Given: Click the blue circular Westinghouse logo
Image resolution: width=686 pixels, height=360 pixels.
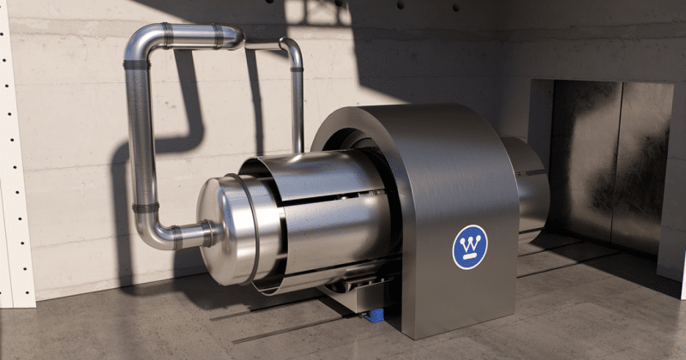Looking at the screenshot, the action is point(470,247).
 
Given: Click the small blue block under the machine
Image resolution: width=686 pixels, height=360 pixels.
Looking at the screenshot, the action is point(375,315).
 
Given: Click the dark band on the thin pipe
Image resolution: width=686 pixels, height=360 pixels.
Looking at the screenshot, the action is point(297,69).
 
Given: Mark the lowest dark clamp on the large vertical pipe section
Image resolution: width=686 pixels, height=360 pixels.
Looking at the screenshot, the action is point(145,207).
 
